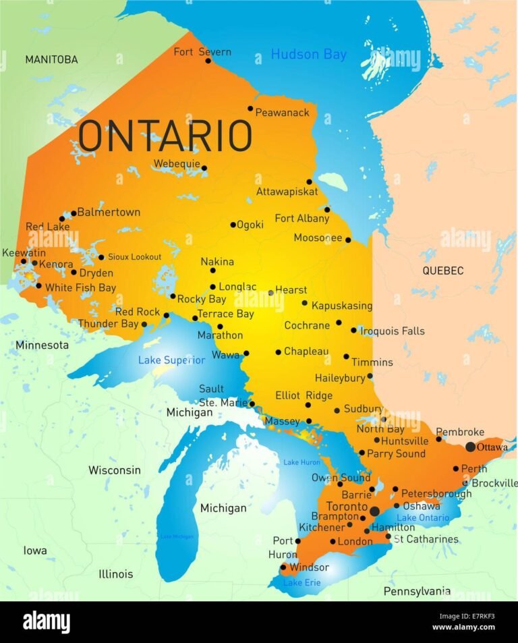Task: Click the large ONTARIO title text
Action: [165, 136]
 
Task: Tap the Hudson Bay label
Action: [308, 54]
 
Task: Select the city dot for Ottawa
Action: [470, 447]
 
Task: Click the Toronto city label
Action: [346, 507]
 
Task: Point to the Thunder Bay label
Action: [107, 324]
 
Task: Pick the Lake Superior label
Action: [171, 360]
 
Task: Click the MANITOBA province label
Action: [51, 59]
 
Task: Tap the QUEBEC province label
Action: [442, 271]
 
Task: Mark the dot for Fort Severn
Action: [208, 61]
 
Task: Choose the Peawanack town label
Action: [283, 112]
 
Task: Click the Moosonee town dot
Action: [348, 240]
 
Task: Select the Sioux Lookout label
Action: [134, 257]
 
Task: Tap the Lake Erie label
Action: [301, 582]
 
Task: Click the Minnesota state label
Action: [42, 345]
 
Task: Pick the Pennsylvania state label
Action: [417, 591]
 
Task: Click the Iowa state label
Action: [35, 551]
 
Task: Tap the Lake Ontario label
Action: [422, 518]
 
